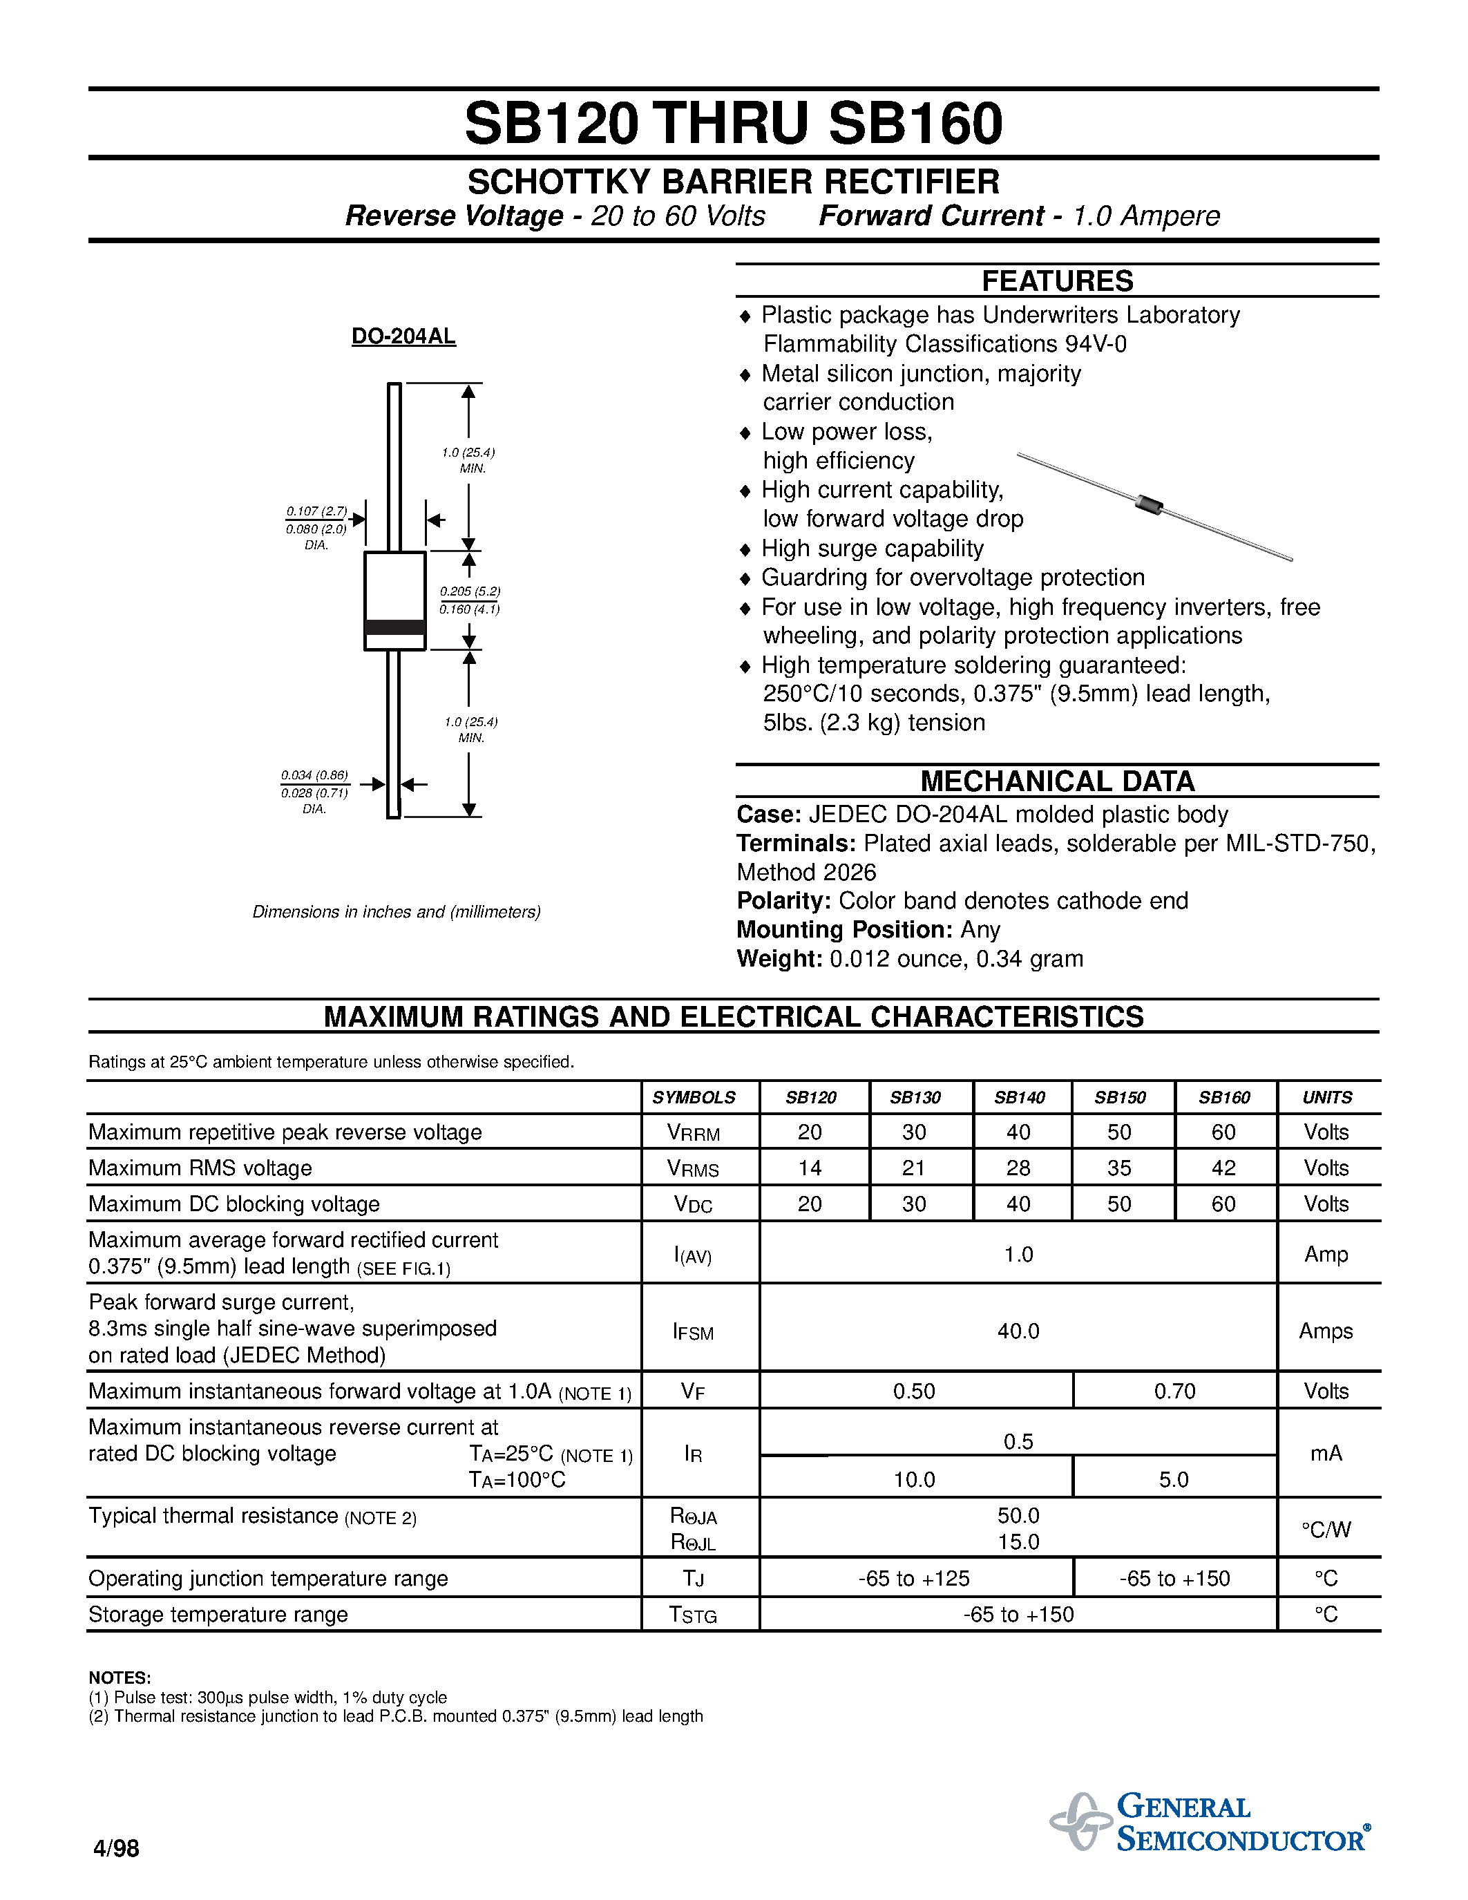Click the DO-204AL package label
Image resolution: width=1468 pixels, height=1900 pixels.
tap(403, 336)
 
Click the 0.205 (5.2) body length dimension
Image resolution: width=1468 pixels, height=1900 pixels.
tap(470, 591)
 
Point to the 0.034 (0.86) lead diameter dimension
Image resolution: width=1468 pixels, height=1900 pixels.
tap(314, 775)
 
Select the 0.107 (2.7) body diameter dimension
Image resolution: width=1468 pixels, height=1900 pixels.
tap(316, 511)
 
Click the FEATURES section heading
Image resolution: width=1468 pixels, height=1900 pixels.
tap(1057, 281)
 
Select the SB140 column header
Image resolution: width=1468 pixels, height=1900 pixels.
tap(1019, 1098)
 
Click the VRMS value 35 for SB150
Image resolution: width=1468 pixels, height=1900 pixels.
tap(1119, 1168)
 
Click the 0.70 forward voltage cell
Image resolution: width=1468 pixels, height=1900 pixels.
tap(1174, 1391)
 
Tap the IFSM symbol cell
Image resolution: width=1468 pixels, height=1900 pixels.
tap(693, 1332)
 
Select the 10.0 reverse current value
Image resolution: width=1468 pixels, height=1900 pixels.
tap(914, 1480)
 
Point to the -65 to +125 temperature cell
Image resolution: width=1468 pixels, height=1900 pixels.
tap(914, 1579)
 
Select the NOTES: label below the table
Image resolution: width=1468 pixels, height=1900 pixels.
tap(120, 1678)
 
